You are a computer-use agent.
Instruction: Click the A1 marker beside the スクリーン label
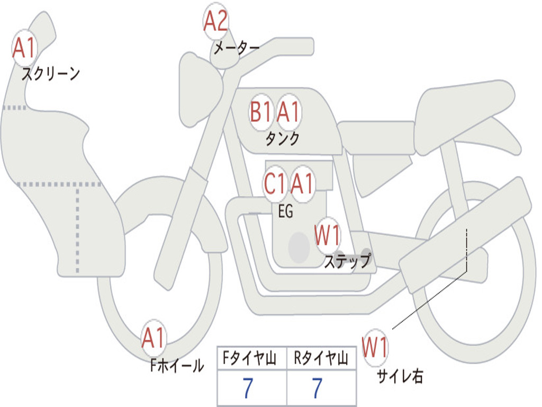click(x=24, y=48)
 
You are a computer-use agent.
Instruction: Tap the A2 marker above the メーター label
click(x=216, y=21)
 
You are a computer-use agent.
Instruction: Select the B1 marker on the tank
click(x=260, y=112)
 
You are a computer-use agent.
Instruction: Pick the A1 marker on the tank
click(x=288, y=112)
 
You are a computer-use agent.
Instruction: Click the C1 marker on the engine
click(x=275, y=183)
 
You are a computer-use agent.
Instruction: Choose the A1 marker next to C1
click(x=302, y=183)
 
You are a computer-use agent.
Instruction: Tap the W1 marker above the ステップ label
click(x=327, y=235)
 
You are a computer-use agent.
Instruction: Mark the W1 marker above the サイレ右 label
click(x=375, y=347)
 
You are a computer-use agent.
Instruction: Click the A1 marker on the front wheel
click(x=153, y=338)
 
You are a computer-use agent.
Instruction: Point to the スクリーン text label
click(x=51, y=74)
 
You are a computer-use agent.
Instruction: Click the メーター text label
click(x=237, y=48)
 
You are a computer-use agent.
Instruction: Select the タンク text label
click(x=282, y=138)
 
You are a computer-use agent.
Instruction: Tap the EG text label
click(x=285, y=211)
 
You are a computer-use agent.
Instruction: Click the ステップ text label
click(x=348, y=261)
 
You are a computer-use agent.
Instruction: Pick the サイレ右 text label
click(x=400, y=376)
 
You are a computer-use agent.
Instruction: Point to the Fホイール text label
click(x=177, y=366)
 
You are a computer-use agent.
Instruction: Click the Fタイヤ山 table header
click(x=250, y=358)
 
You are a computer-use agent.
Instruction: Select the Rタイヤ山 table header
click(x=321, y=358)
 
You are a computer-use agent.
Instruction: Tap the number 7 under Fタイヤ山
click(x=248, y=388)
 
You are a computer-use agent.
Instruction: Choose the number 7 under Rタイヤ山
click(x=318, y=388)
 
